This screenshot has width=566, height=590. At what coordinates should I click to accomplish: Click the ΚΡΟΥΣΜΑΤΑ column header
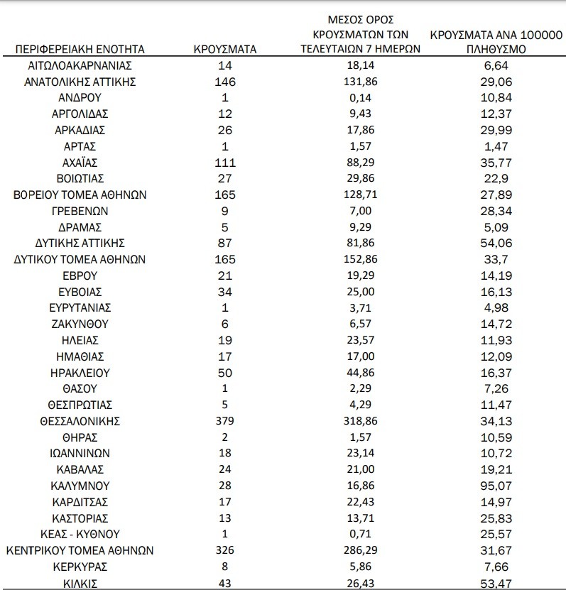pos(225,49)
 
